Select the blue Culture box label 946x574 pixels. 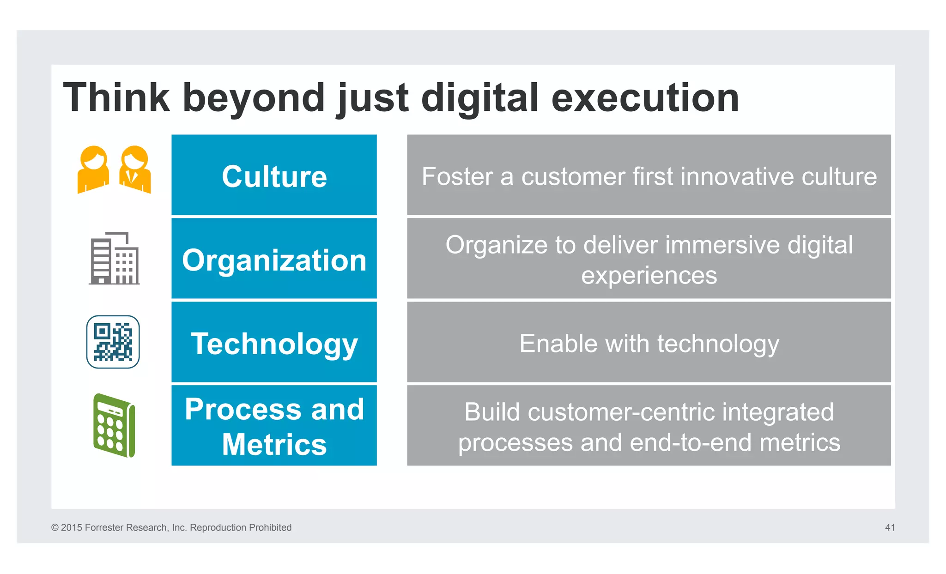coord(274,176)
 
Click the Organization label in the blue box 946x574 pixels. coord(274,260)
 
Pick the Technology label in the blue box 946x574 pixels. coord(274,344)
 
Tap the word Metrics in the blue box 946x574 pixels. coord(274,444)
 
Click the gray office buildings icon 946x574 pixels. coord(114,259)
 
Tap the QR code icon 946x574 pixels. coord(113,342)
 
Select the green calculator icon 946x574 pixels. coord(114,425)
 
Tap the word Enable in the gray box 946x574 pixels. coord(558,344)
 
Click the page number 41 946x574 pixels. coord(890,527)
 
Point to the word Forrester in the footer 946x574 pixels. coord(104,527)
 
